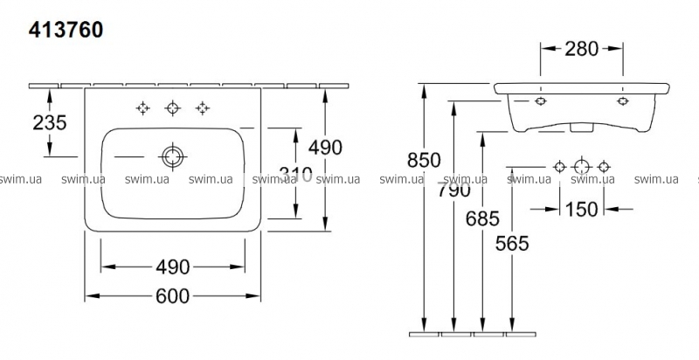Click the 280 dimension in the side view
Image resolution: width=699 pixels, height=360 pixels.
pos(581,48)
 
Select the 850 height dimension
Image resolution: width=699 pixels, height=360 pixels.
pos(425,161)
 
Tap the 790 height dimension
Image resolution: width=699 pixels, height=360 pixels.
pos(454,188)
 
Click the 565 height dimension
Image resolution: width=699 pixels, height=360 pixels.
pos(512,244)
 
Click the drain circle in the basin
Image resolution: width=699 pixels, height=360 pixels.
pos(172,156)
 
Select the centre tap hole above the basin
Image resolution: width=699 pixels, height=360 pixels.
pos(172,108)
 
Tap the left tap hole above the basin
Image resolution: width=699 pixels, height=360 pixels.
pos(142,108)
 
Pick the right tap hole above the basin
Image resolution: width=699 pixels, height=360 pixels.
pos(202,108)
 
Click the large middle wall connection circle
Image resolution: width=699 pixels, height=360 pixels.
pos(581,166)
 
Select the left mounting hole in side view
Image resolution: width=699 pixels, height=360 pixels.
pos(538,101)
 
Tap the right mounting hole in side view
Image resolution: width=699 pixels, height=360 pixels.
pos(622,101)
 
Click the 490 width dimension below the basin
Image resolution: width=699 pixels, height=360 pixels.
pos(174,267)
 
